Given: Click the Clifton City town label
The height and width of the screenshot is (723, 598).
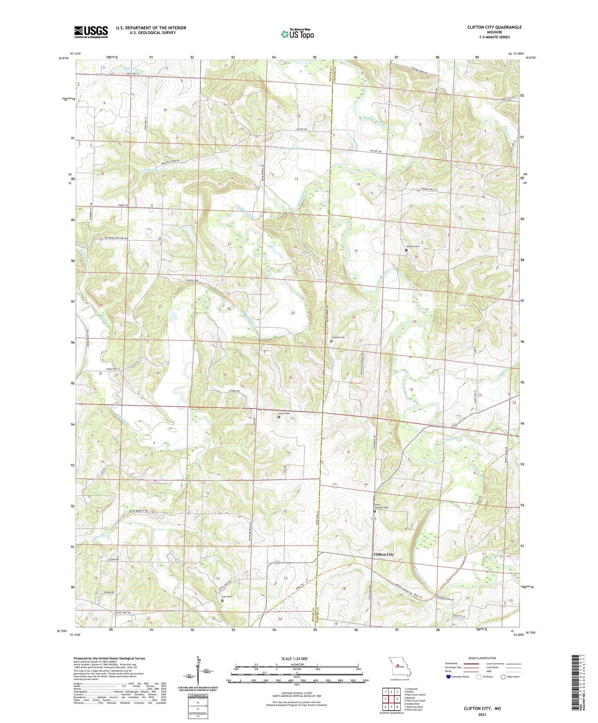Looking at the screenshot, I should coord(383,554).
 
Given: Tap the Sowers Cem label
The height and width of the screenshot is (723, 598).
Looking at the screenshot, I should coord(413,246).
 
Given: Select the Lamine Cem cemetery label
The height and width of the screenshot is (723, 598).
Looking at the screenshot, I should coord(338,337).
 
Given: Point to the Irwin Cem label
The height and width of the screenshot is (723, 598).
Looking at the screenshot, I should coord(284,413).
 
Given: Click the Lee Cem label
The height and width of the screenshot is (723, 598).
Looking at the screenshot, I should coord(226,597).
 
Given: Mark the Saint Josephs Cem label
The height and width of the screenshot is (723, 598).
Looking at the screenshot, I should coord(380,506).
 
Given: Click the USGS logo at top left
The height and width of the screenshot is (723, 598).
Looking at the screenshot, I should coord(91,32).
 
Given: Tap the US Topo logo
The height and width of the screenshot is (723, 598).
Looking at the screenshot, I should coord(297,34).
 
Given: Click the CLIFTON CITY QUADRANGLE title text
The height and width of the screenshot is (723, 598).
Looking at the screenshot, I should coord(494,27).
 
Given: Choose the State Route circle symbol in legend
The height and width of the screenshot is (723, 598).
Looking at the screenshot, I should coord(503,677).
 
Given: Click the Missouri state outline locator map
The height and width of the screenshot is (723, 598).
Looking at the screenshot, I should coord(399,666).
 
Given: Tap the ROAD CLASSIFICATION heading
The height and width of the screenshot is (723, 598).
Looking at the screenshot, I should coord(482,658).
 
